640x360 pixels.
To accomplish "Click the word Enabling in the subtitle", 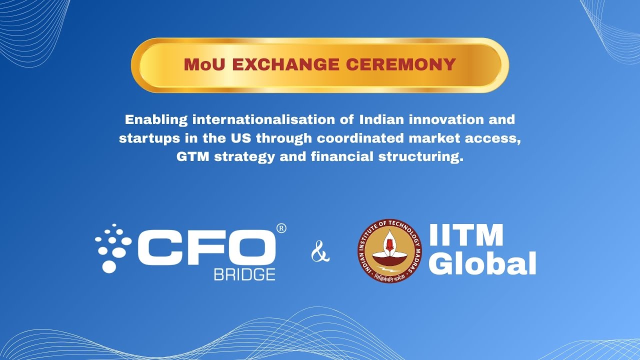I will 156,120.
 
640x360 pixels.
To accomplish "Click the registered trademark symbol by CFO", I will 281,228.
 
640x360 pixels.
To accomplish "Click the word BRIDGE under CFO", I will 244,274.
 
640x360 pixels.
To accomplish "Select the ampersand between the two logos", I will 320,251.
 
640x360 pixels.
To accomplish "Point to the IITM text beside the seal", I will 466,235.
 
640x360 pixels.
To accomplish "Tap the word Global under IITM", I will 482,263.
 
